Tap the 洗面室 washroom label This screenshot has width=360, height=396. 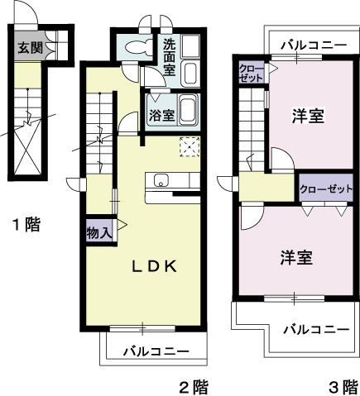[x=170, y=58]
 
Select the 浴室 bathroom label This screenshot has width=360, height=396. [x=161, y=114]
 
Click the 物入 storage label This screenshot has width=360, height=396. [x=99, y=233]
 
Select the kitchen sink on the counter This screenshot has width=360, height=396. [x=160, y=181]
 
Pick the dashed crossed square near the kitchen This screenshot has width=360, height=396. [x=189, y=146]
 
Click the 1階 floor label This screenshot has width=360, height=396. [x=26, y=224]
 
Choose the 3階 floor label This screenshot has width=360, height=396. [x=343, y=385]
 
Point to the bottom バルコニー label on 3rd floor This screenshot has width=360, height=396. [x=314, y=329]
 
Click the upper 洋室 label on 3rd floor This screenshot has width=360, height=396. [x=307, y=117]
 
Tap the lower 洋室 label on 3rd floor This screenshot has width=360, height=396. [x=295, y=258]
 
